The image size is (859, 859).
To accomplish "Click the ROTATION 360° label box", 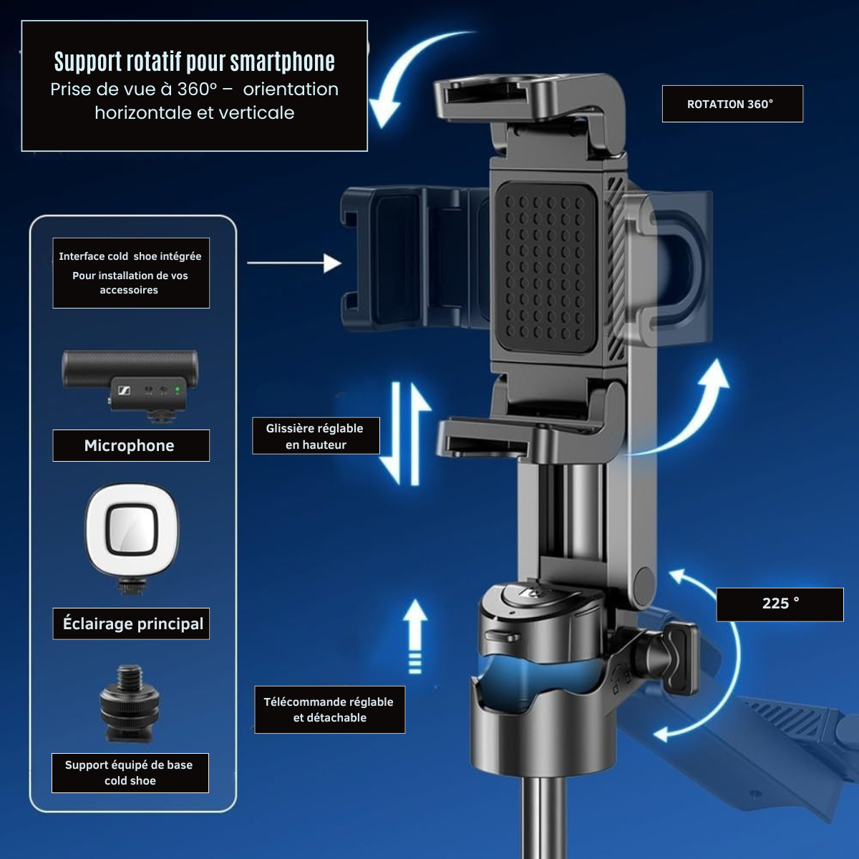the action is pos(732,104).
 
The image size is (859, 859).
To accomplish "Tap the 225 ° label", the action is pos(780,604).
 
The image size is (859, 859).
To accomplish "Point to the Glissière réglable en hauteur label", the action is pos(316,436).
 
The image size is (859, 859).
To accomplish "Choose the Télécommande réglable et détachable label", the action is pos(329,709).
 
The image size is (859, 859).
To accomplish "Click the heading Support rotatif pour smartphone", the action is pos(195,62).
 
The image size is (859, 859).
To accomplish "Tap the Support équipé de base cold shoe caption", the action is pos(130,773).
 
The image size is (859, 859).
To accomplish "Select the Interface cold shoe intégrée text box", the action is pos(131,273).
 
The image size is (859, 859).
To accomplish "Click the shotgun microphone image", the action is pos(130,384).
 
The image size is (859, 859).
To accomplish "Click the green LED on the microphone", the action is pos(178,390).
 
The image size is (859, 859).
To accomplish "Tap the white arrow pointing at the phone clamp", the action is pos(294,263).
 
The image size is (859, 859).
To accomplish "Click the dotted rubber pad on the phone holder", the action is pos(546,268).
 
